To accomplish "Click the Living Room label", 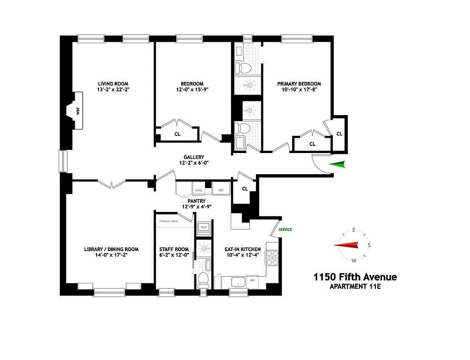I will click(113, 84).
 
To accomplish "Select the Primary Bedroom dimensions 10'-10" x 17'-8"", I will click(299, 90).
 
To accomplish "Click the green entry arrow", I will click(338, 165).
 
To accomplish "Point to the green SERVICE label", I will click(285, 229).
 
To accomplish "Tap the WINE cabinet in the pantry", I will click(198, 190).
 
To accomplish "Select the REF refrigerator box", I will click(221, 190).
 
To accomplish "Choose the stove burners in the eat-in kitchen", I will click(272, 258).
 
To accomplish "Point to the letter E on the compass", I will click(354, 230).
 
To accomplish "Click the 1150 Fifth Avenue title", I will click(355, 277).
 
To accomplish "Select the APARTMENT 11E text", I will click(355, 287).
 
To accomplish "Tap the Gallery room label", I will click(193, 157).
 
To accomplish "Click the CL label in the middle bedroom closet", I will click(177, 134).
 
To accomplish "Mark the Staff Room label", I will click(174, 249).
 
